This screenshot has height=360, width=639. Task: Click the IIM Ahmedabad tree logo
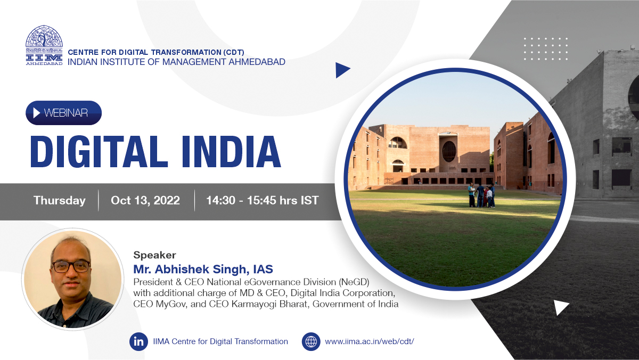point(44,45)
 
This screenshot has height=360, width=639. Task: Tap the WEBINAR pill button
point(63,113)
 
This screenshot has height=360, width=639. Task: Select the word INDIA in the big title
point(231,151)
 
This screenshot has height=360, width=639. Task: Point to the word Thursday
point(59,200)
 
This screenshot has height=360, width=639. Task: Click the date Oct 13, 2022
point(145,200)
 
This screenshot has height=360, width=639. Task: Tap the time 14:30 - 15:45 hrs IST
point(263,200)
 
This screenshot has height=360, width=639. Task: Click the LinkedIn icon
point(138,341)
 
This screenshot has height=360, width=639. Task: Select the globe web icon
point(311,341)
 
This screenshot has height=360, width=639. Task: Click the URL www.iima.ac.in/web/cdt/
point(370,341)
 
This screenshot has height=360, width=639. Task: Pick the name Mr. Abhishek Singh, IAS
point(203,269)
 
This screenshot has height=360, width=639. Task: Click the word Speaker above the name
point(154,255)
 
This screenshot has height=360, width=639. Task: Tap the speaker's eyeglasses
point(71,267)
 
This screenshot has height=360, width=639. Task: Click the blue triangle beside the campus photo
point(342,70)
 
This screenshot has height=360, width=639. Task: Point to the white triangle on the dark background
point(561,307)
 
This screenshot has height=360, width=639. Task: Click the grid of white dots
point(546,49)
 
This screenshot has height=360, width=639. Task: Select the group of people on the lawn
point(482,195)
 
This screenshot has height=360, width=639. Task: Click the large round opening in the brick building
point(449,151)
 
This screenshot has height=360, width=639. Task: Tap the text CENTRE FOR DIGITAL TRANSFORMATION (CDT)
point(156,52)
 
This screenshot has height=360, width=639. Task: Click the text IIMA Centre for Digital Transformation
point(220,341)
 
